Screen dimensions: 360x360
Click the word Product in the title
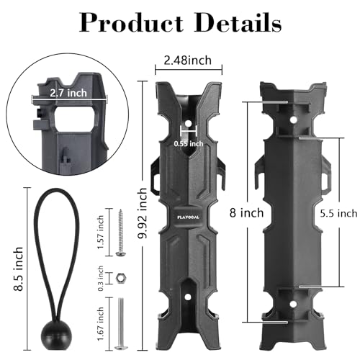tap(131, 22)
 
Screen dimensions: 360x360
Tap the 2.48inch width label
tap(188, 60)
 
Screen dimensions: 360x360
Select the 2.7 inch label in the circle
tap(68, 93)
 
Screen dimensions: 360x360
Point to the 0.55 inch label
tap(189, 144)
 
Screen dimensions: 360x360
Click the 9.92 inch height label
tap(143, 213)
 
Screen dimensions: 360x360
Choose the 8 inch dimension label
tap(246, 212)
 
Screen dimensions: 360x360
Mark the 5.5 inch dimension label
tap(338, 213)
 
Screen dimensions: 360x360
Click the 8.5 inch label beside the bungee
tap(19, 269)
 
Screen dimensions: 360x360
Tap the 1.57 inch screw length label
tap(101, 232)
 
